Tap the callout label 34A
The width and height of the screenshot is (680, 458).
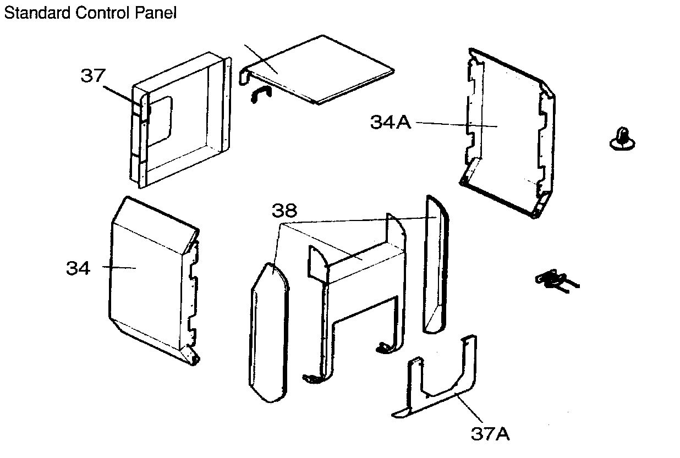click(x=391, y=122)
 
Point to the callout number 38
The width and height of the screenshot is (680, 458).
click(x=284, y=209)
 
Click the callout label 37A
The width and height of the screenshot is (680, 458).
click(x=490, y=434)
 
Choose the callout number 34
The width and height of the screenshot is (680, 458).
click(x=78, y=268)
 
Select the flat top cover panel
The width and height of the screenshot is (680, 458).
click(x=325, y=69)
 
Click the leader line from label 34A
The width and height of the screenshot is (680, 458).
click(x=457, y=125)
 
